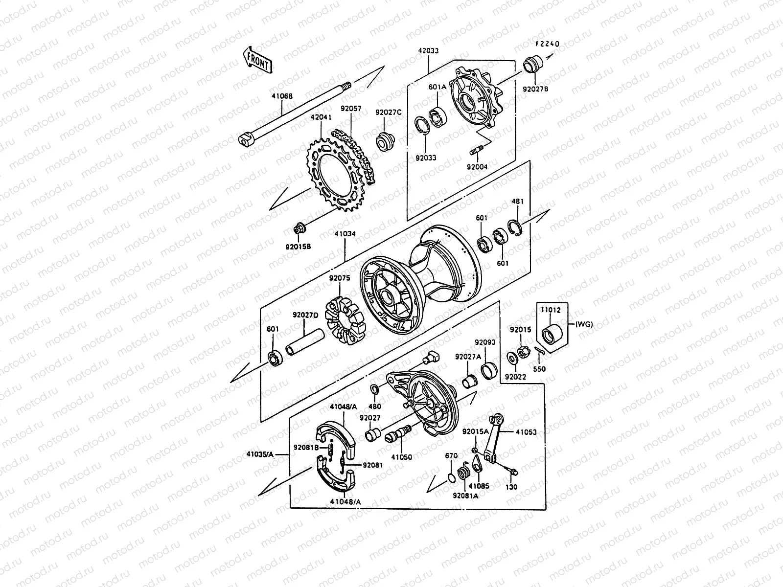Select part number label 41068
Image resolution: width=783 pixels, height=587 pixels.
[282, 97]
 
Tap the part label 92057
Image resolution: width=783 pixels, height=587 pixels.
[351, 109]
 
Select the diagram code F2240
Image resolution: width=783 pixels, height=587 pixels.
[547, 44]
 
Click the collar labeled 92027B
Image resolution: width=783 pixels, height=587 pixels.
[533, 66]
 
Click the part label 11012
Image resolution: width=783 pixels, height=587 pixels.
[551, 310]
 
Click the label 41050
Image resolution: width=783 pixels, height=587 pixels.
[401, 457]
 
